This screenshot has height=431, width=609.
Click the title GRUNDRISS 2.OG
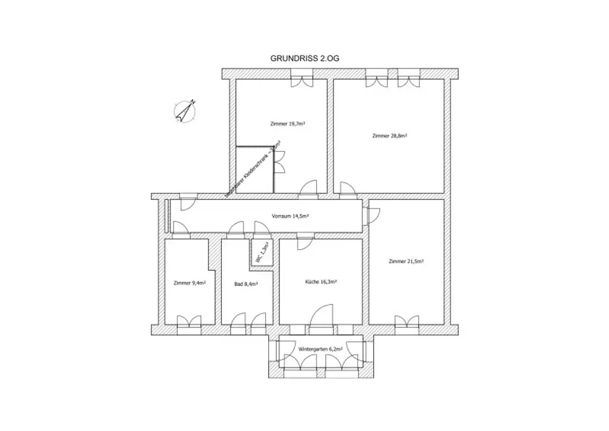304,58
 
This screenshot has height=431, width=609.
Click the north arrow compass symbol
186,111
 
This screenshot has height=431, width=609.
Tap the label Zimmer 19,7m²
288,124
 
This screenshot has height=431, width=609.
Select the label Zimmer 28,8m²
389,136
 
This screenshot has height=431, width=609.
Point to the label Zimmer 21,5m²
406,261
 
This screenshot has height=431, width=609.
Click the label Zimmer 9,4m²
190,283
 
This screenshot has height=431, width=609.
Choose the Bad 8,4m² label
246,284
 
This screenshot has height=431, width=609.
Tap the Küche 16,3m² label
322,282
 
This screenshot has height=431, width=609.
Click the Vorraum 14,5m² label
290,216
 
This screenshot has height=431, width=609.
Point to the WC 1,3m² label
262,252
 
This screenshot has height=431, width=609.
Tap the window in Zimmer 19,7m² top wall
300,80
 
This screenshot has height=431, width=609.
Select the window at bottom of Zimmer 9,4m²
190,323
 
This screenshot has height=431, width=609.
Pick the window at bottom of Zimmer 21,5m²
406,323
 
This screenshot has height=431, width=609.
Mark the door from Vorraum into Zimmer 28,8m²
348,188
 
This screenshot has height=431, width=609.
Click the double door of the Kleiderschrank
278,161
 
